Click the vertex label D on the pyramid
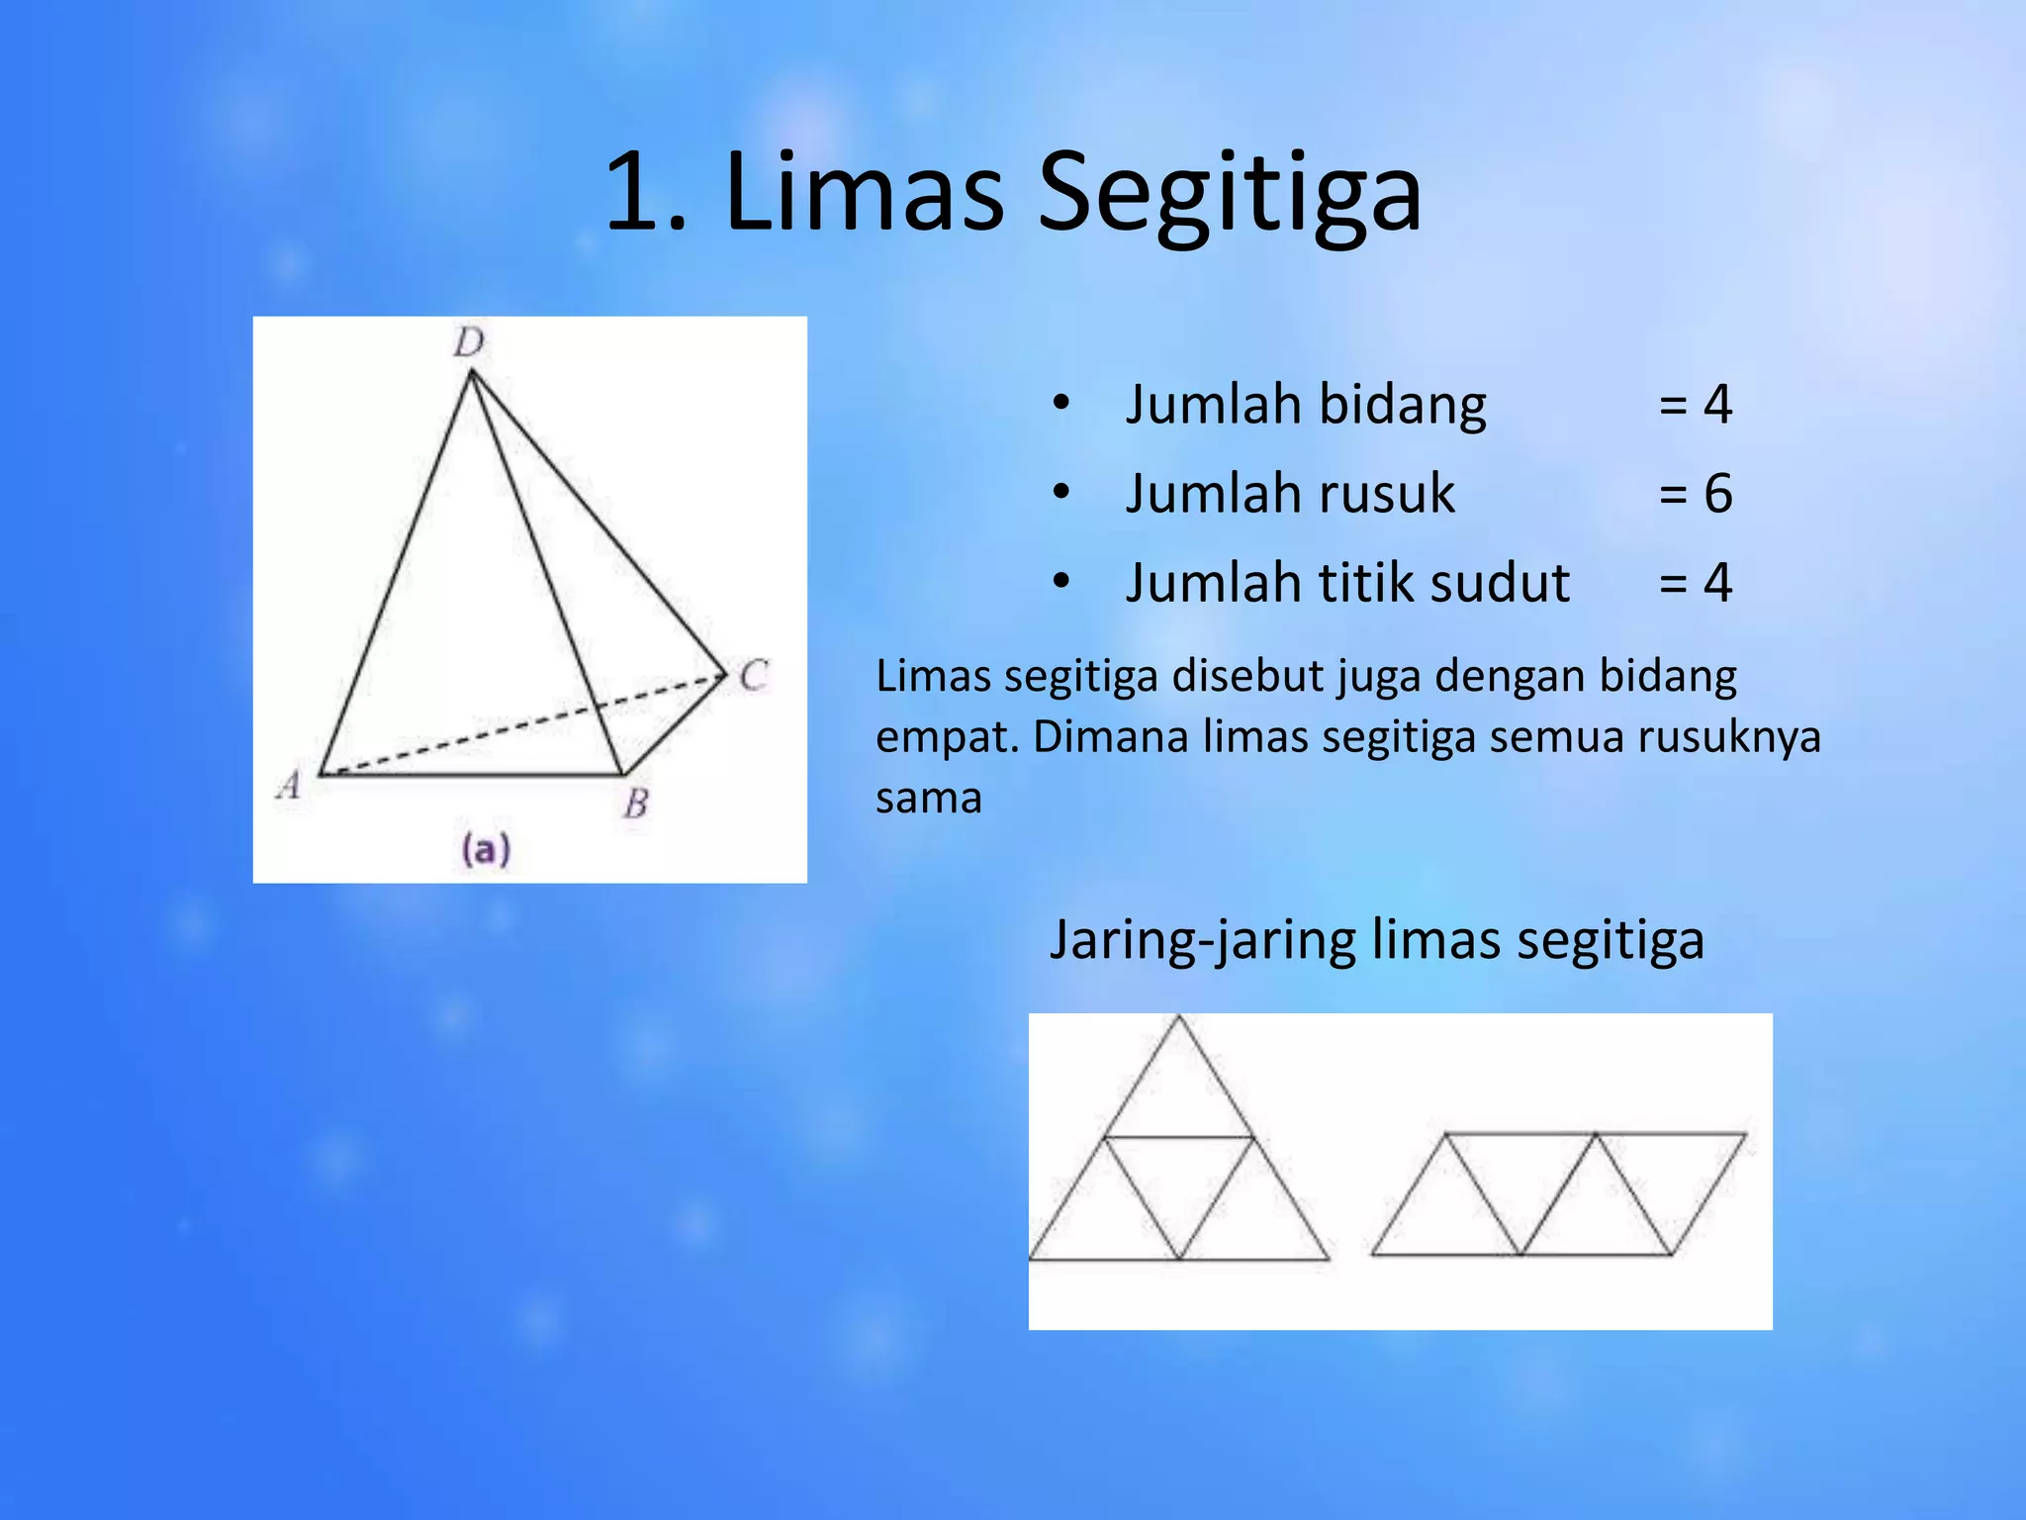(469, 342)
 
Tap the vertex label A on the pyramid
(289, 785)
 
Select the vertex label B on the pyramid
(636, 803)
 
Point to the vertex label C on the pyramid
(754, 676)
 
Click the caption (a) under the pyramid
(486, 849)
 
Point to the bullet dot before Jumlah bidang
(1061, 403)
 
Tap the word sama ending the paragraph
(928, 798)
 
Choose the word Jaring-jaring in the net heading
(1202, 939)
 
